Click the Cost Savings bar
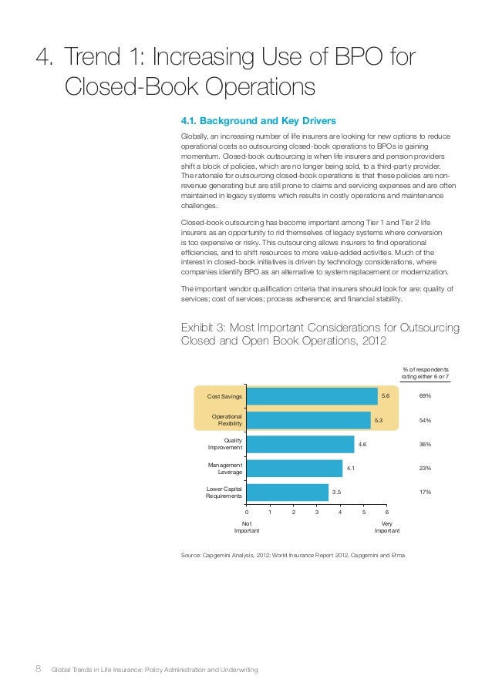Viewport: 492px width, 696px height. [312, 396]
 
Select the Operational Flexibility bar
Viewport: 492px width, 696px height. [308, 420]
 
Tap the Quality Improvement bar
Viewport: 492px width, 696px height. [301, 444]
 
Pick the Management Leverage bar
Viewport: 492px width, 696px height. [295, 469]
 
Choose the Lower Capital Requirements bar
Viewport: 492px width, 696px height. [288, 493]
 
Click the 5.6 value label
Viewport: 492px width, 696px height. [386, 395]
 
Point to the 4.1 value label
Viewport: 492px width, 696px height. [351, 468]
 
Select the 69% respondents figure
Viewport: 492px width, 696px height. [425, 395]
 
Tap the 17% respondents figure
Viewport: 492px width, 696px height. [425, 492]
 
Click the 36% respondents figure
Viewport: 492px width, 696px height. [425, 444]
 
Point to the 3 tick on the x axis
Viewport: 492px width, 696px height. [317, 512]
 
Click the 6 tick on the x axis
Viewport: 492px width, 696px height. [387, 512]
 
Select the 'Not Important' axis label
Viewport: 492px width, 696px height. [247, 527]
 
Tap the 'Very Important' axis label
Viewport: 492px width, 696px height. [387, 527]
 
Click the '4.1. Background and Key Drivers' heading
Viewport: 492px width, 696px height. [258, 121]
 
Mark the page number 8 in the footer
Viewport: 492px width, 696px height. [39, 669]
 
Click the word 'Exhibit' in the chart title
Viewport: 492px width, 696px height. [197, 328]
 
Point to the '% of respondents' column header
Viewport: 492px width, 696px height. [426, 369]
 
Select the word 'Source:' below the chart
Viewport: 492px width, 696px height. [191, 555]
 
